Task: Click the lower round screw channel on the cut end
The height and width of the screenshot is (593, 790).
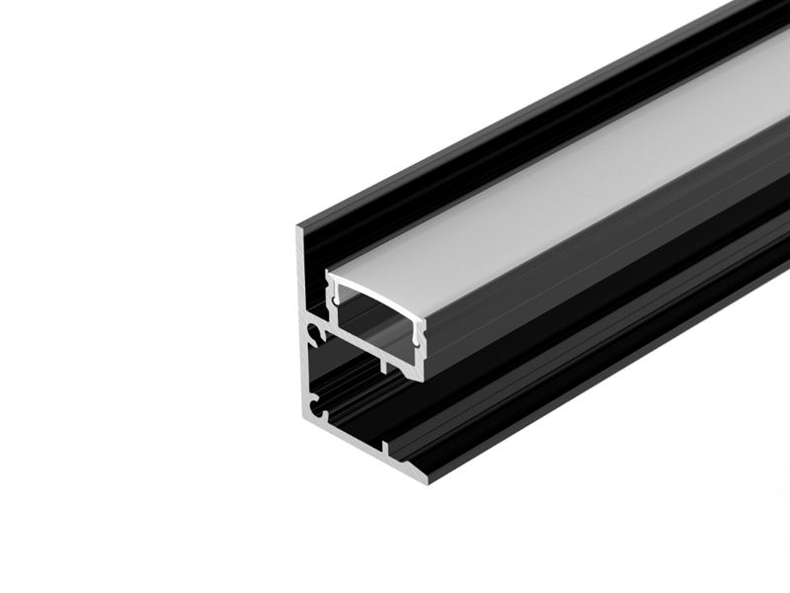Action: point(315,404)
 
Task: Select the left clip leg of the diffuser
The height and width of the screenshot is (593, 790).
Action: point(335,296)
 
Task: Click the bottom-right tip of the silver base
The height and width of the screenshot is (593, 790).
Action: point(429,481)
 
